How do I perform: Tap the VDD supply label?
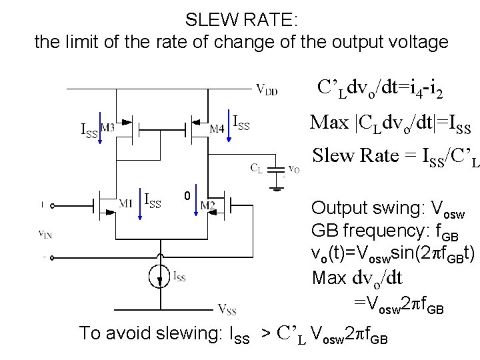[267, 89]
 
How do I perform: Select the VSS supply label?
[227, 309]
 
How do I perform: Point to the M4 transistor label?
[216, 128]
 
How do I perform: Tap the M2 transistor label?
[207, 204]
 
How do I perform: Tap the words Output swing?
[354, 207]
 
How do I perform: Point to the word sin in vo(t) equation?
[401, 254]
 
